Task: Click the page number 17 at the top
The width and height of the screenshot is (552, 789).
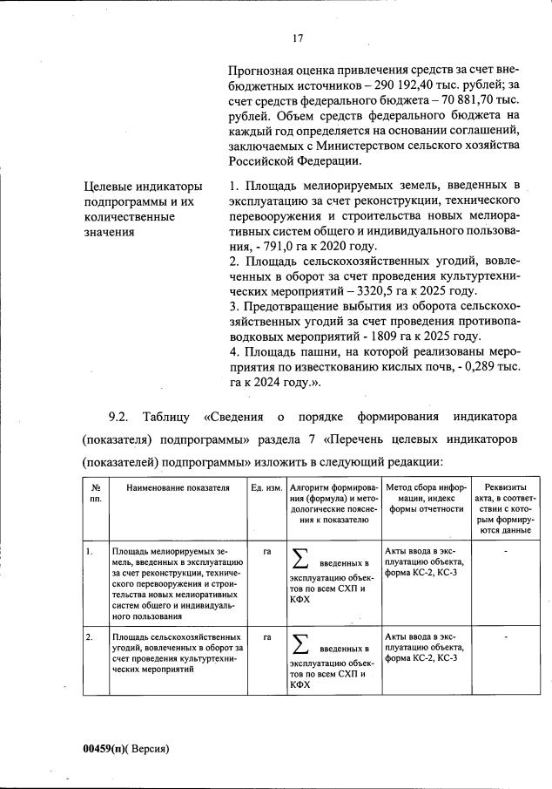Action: [x=297, y=38]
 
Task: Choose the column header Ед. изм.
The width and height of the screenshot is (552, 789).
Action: [x=266, y=488]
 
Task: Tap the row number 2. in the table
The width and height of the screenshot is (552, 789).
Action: [x=90, y=637]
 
